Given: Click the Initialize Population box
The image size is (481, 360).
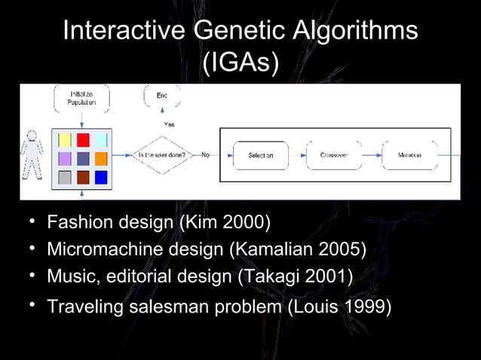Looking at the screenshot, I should point(82,99).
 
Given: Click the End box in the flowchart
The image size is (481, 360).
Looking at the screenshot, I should point(161,96).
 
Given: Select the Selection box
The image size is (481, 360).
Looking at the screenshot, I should point(261,155).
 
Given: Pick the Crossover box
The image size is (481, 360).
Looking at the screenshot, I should point(333,155).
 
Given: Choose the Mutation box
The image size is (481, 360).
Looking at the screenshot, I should point(409,155).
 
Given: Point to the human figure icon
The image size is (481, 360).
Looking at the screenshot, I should point(32,154).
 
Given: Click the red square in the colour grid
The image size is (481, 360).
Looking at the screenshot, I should point(83,140).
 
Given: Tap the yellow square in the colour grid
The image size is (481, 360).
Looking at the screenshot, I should point(65,140).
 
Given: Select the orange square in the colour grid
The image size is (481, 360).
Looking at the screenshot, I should point(101,159).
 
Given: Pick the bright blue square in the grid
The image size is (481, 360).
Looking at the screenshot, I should point(101,178).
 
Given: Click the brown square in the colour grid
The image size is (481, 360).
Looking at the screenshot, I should point(83,178).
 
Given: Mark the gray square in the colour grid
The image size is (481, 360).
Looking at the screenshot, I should point(65,178).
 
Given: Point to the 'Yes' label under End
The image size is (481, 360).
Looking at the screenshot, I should point(170,124).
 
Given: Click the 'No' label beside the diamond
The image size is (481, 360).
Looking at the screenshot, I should point(205,155).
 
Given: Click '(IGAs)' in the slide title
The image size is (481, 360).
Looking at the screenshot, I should point(240,63).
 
